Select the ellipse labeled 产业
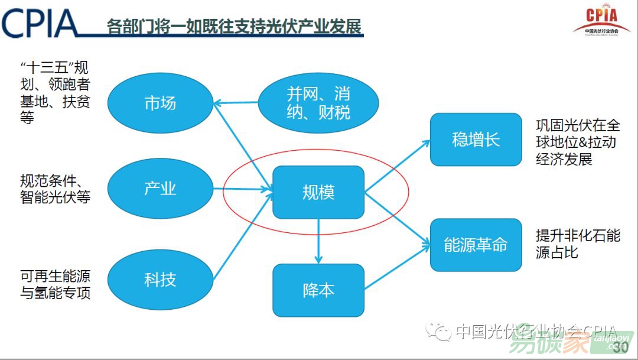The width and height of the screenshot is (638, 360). [x=160, y=189]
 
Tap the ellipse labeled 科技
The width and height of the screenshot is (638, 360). [x=160, y=279]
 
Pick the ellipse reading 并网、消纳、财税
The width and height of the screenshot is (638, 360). [x=318, y=102]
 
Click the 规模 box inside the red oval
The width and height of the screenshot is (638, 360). [x=318, y=192]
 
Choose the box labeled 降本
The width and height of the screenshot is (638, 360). [x=318, y=290]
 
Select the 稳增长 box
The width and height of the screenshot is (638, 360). [x=476, y=140]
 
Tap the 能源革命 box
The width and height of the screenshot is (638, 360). [x=476, y=245]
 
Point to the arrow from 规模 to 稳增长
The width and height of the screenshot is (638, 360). [x=398, y=166]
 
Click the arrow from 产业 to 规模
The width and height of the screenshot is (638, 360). [x=242, y=190]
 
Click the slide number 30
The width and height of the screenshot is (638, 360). [x=621, y=346]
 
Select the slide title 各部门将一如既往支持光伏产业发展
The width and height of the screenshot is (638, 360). [x=234, y=27]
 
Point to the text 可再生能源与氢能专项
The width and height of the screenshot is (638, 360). [x=56, y=284]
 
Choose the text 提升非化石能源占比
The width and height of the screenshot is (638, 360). [x=578, y=244]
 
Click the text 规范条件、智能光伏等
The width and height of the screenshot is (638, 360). [x=55, y=189]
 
